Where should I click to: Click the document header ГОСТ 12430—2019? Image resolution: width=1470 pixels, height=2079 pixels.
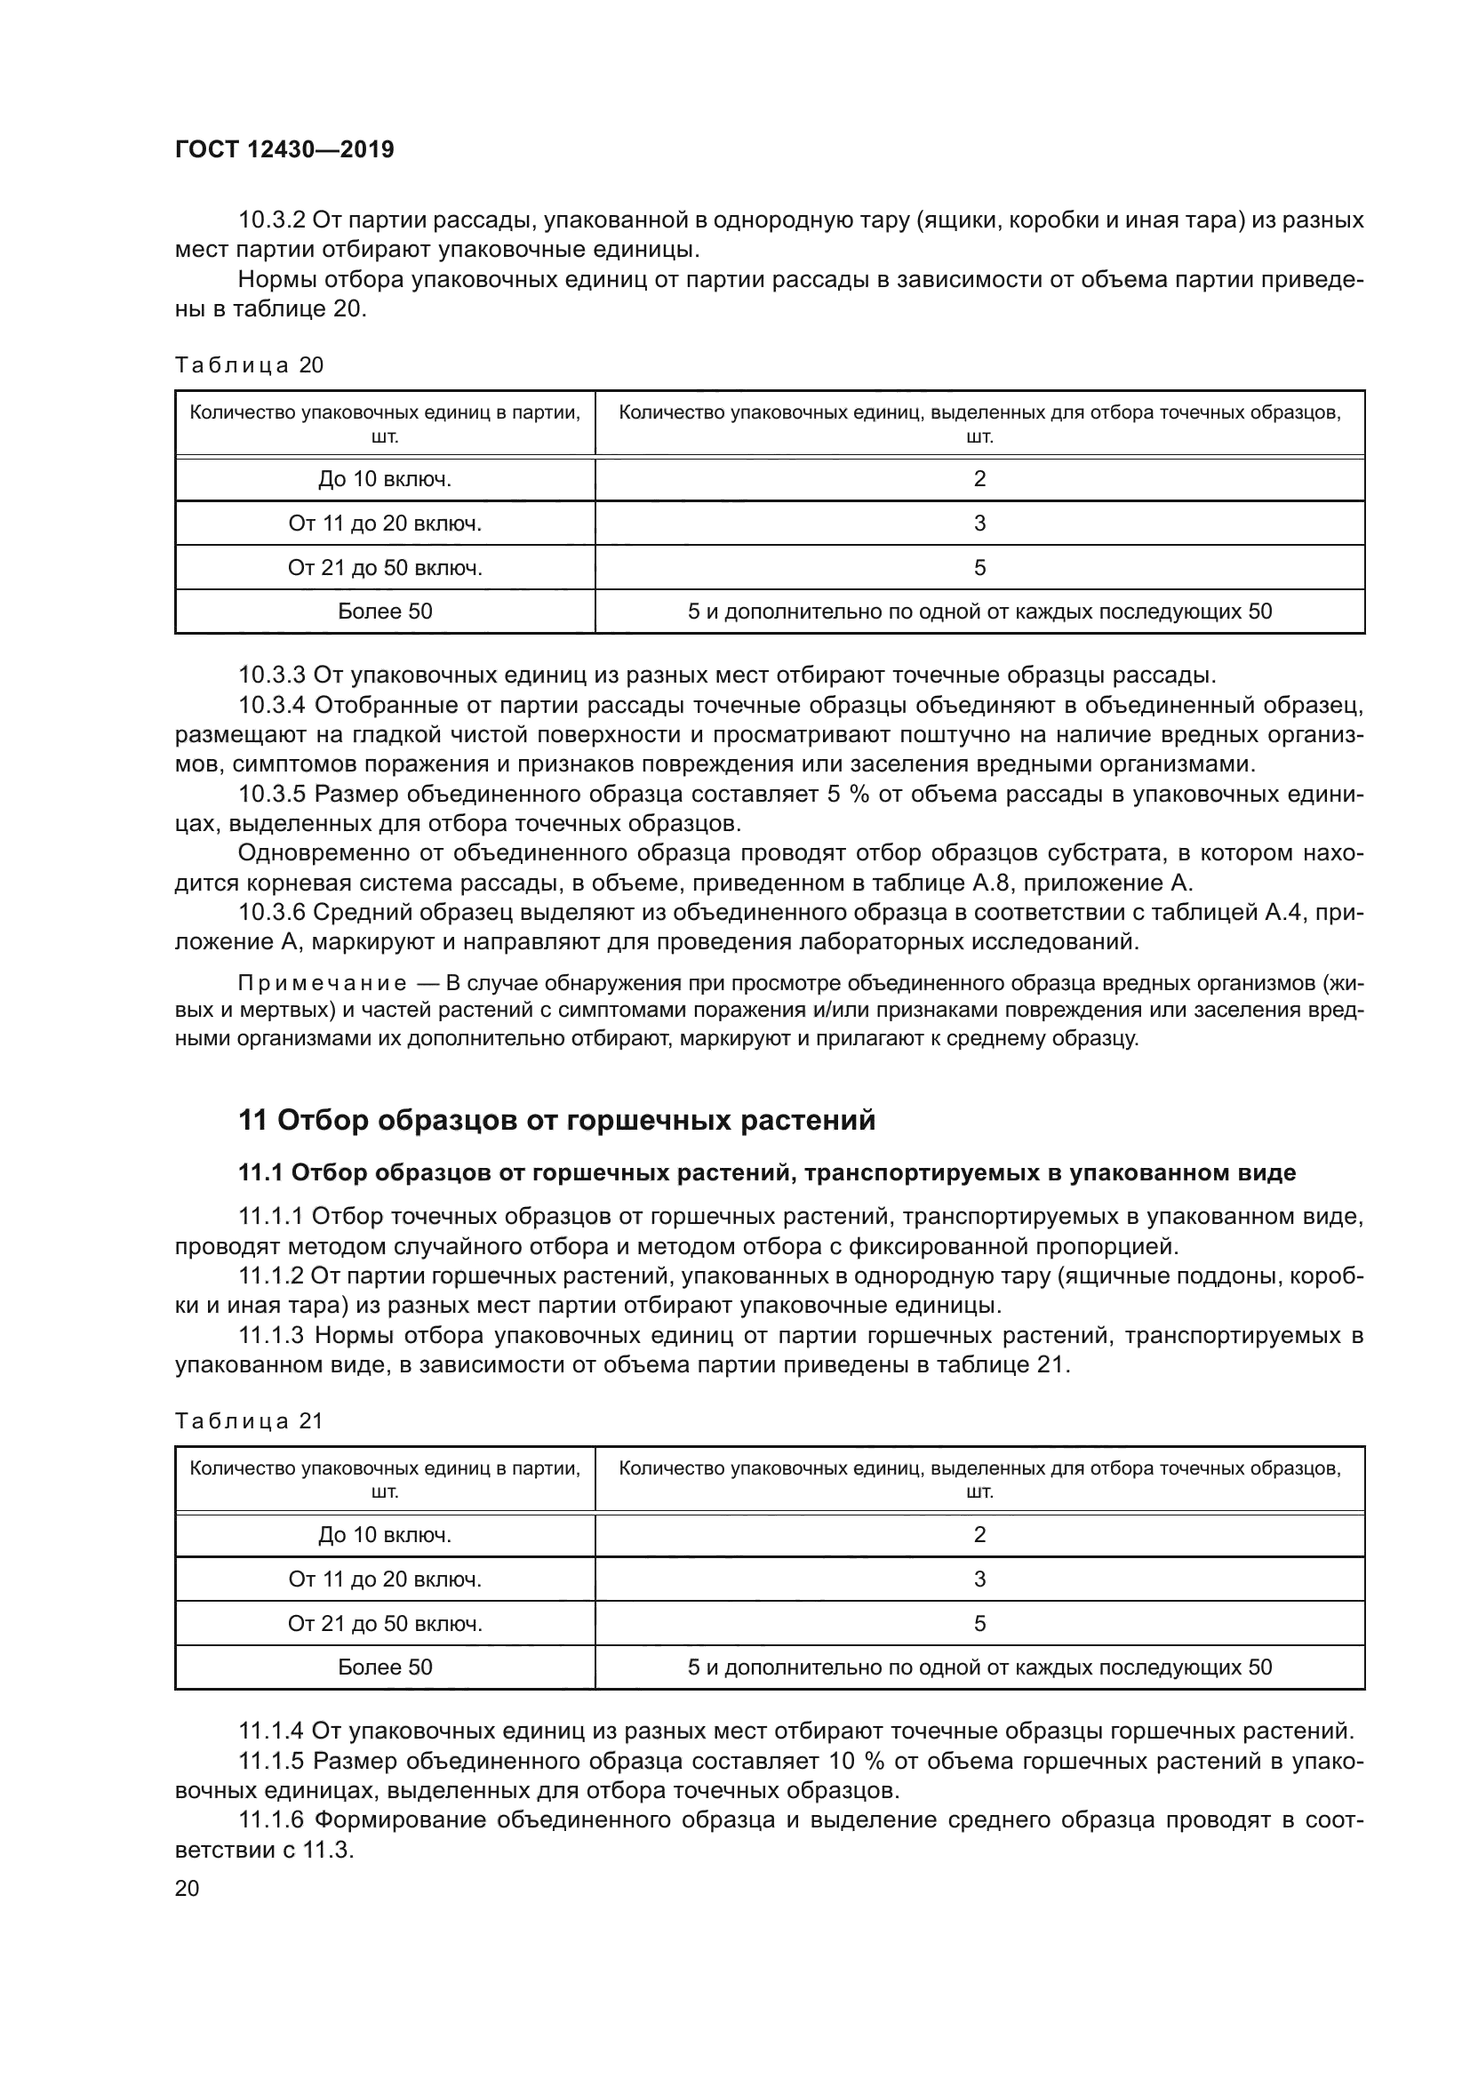(284, 149)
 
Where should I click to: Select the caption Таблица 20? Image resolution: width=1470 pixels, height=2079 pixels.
(249, 365)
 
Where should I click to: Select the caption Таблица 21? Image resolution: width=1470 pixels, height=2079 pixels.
(249, 1420)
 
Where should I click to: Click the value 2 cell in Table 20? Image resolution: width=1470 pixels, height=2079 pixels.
(979, 479)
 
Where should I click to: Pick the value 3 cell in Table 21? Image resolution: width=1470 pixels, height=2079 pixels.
(979, 1579)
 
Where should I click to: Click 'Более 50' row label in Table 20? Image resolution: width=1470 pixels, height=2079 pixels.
(385, 612)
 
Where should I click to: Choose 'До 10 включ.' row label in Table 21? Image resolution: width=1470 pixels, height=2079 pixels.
(385, 1535)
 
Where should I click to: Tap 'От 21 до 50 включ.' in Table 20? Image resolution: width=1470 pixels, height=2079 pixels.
(385, 568)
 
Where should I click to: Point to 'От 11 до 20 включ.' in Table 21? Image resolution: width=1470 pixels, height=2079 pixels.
(385, 1579)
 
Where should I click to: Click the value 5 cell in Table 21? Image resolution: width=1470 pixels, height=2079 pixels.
(979, 1624)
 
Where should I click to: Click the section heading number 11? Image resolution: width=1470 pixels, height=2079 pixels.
(252, 1121)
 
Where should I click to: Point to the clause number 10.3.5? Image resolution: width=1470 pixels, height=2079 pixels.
(273, 794)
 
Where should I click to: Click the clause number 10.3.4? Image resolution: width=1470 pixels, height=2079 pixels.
(273, 705)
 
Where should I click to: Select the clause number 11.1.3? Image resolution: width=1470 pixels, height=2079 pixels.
(272, 1336)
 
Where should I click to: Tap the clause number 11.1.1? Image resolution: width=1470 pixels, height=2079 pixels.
(271, 1216)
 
